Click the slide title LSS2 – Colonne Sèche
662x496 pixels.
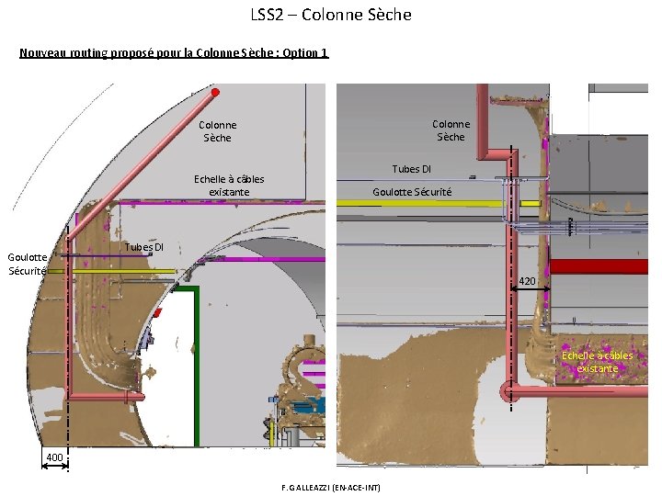click(331, 15)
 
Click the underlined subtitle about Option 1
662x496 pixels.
click(173, 52)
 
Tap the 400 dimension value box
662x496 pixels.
click(54, 457)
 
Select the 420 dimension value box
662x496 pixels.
click(527, 280)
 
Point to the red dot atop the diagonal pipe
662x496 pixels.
click(215, 92)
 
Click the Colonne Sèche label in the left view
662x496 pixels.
click(218, 131)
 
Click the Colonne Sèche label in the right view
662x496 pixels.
click(451, 130)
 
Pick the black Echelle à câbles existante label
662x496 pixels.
click(229, 186)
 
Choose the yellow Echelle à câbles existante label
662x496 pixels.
click(598, 362)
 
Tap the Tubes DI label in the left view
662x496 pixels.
click(144, 247)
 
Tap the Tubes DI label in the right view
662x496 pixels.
click(411, 169)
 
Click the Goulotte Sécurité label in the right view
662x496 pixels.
click(412, 192)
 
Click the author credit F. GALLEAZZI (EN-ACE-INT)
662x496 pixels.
click(331, 486)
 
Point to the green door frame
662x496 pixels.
click(196, 367)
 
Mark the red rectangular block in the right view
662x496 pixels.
click(598, 266)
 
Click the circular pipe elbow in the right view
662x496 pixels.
click(507, 392)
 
